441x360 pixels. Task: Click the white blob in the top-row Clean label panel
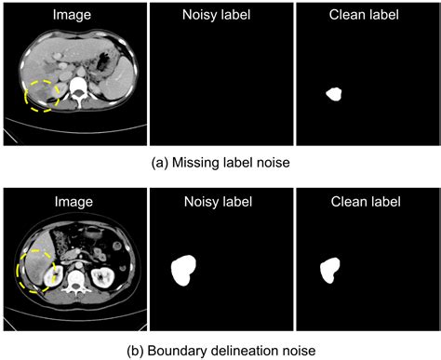[334, 94]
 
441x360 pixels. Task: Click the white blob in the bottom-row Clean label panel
[330, 270]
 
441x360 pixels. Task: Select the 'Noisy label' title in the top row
[220, 15]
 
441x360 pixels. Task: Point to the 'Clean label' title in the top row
[367, 15]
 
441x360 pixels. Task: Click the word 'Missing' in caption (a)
[199, 161]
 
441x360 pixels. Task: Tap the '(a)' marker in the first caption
[160, 161]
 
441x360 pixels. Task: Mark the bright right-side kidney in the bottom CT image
[104, 276]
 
